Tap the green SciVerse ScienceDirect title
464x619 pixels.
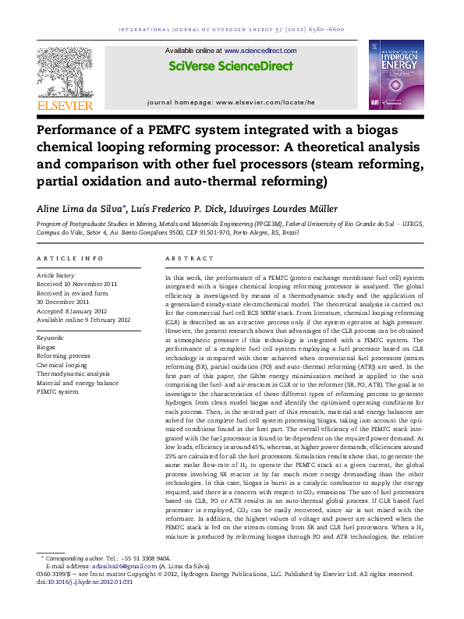(x=231, y=67)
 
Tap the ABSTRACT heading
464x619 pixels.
(x=189, y=258)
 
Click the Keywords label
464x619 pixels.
(x=51, y=338)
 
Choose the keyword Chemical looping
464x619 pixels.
(x=62, y=365)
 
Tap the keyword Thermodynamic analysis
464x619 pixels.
(x=73, y=373)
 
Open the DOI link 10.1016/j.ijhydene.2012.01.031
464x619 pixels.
(x=90, y=581)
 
